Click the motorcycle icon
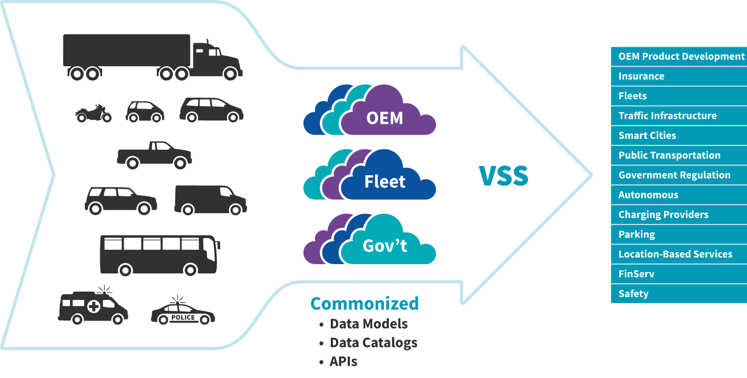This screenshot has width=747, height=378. [x=93, y=113]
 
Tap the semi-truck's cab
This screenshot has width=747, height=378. [x=216, y=59]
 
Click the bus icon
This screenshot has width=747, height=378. [x=160, y=254]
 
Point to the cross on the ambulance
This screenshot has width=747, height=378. [x=93, y=307]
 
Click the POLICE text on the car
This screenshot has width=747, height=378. [x=183, y=317]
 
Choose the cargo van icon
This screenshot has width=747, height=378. [x=210, y=199]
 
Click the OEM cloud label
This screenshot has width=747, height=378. [x=385, y=118]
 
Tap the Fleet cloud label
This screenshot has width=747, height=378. [x=385, y=182]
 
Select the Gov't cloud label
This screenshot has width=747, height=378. [x=385, y=245]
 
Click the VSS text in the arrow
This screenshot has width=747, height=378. [x=504, y=176]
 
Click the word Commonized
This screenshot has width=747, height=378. [x=365, y=303]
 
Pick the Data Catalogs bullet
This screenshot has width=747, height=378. [x=373, y=343]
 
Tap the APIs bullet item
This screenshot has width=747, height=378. [x=344, y=362]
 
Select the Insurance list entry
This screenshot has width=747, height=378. [x=641, y=76]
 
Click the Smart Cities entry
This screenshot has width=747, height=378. [x=647, y=135]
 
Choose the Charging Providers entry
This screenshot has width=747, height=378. [x=663, y=215]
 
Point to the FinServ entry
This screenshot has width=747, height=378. [x=636, y=274]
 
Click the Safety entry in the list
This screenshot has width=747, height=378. [x=633, y=294]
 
